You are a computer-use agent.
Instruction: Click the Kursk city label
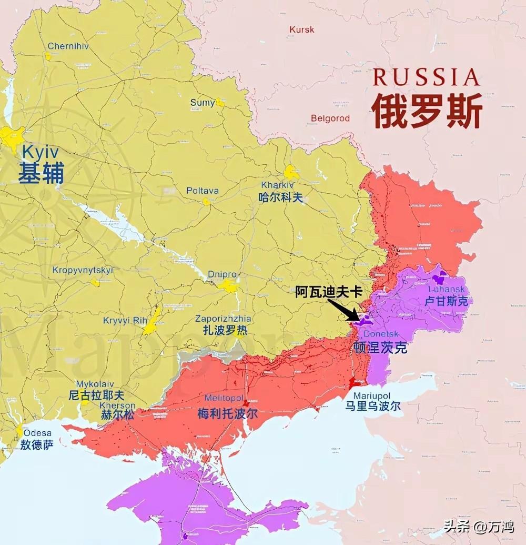pyautogui.click(x=301, y=29)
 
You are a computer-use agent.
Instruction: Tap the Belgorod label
pyautogui.click(x=330, y=118)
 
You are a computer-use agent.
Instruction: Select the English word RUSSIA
pyautogui.click(x=426, y=77)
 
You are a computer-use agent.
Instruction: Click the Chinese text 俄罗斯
pyautogui.click(x=427, y=112)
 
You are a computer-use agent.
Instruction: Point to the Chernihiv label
pyautogui.click(x=68, y=46)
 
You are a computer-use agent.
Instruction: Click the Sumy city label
pyautogui.click(x=203, y=102)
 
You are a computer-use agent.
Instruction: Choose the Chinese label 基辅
pyautogui.click(x=41, y=173)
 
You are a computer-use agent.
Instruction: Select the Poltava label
pyautogui.click(x=203, y=191)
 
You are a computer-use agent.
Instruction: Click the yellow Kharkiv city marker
pyautogui.click(x=291, y=173)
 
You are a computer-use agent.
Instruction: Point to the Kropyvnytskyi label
pyautogui.click(x=83, y=270)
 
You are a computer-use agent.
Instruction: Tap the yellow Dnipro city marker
pyautogui.click(x=229, y=286)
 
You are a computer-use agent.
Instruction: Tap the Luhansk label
pyautogui.click(x=447, y=289)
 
